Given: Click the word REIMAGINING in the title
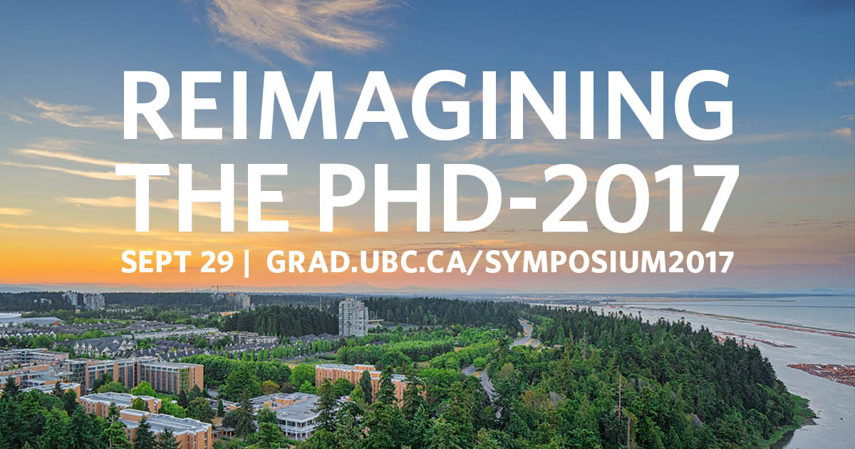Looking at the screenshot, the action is click(x=427, y=105).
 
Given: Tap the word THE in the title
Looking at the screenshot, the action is click(x=202, y=198).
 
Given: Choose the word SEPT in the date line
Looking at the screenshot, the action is click(x=156, y=262).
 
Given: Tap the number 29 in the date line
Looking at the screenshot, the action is click(x=217, y=262).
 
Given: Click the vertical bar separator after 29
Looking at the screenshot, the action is click(x=247, y=263).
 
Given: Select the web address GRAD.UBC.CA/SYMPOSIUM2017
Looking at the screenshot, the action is click(x=500, y=262).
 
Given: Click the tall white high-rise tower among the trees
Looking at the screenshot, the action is click(x=353, y=318).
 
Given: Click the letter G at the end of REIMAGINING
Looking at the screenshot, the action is click(x=704, y=105).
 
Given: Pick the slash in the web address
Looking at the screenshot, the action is click(x=476, y=263).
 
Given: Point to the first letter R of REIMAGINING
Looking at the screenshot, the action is click(x=147, y=105).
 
